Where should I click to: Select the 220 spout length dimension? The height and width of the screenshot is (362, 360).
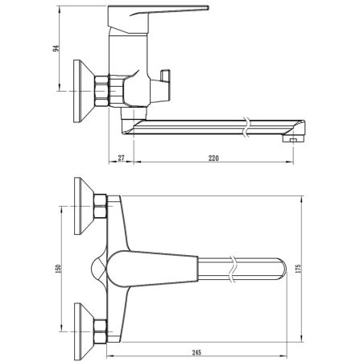pos(213,159)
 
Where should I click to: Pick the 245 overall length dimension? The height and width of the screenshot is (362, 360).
pos(197,350)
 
